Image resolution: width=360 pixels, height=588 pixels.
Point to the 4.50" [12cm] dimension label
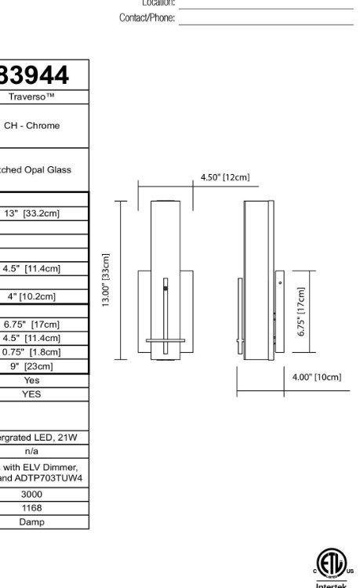(x=225, y=178)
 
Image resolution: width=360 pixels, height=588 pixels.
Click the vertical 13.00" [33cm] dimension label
(x=106, y=280)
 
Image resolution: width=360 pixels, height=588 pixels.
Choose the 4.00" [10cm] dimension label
(x=317, y=377)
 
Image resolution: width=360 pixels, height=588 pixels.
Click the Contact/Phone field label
(x=147, y=17)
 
